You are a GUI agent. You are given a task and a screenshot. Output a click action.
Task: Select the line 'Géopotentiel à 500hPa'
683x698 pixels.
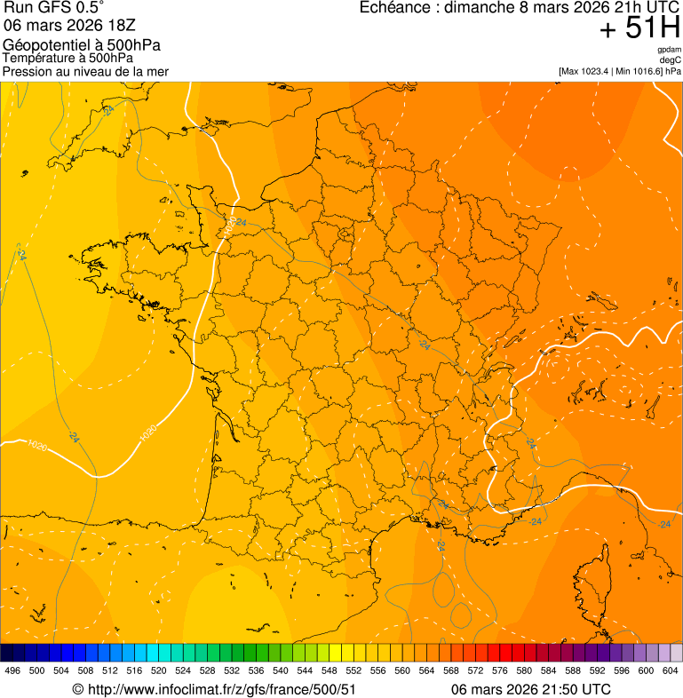82,45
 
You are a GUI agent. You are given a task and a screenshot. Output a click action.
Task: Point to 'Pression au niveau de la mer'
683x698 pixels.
85,71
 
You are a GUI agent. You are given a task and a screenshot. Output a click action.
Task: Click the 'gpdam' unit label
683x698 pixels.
670,50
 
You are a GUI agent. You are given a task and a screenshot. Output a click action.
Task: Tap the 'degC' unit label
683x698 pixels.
671,59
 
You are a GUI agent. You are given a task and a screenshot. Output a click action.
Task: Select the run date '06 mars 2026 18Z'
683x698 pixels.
67,24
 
